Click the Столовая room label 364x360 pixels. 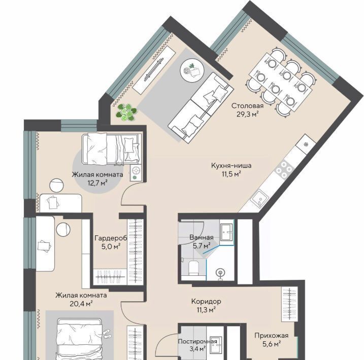coord(247,106)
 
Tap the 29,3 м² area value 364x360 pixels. coord(247,114)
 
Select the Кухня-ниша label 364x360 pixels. coord(231,166)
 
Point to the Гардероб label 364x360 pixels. coord(111,238)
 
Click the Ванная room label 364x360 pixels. coord(202,237)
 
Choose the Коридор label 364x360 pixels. coord(206,301)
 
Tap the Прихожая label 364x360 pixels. coord(272,336)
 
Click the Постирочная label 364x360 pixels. coord(197,341)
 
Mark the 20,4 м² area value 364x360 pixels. coord(81,303)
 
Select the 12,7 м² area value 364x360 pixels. coord(97,183)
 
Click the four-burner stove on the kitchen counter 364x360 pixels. coord(284,169)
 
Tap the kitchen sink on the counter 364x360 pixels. coord(259,199)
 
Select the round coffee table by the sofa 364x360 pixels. coord(192,69)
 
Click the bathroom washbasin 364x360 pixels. coord(226,232)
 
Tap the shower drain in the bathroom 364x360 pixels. coord(220,272)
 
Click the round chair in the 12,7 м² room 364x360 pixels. coord(57,185)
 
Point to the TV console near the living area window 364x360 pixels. coord(154,70)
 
